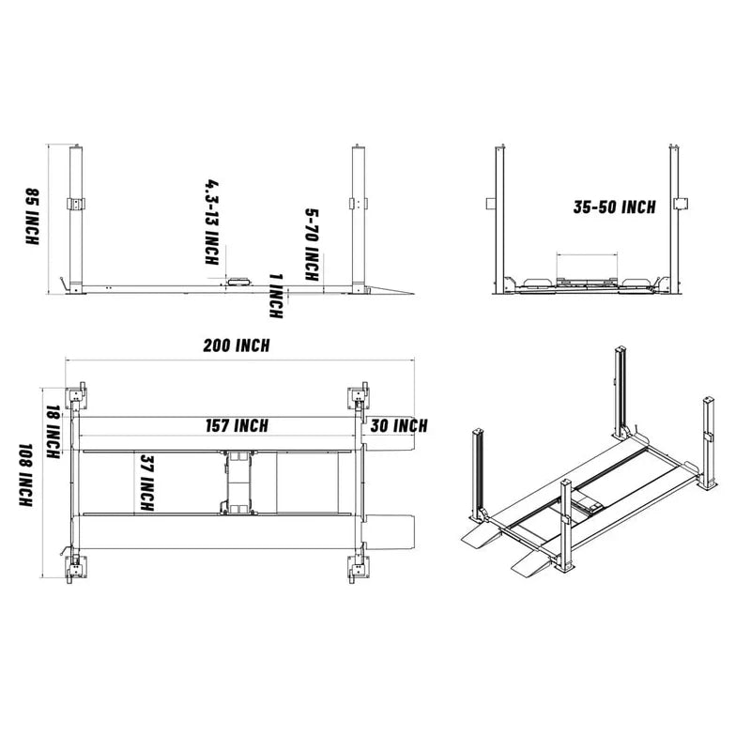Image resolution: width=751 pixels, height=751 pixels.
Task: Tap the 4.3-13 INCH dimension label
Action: pos(212,222)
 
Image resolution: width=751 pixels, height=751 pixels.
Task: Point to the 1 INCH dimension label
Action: pos(275,295)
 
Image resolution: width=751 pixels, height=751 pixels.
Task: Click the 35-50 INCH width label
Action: pos(614,207)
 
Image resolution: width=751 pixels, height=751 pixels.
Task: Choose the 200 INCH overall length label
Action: pos(237,345)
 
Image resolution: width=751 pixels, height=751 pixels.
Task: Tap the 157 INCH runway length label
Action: pos(237,426)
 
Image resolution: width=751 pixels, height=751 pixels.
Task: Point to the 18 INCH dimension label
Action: pos(54,426)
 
